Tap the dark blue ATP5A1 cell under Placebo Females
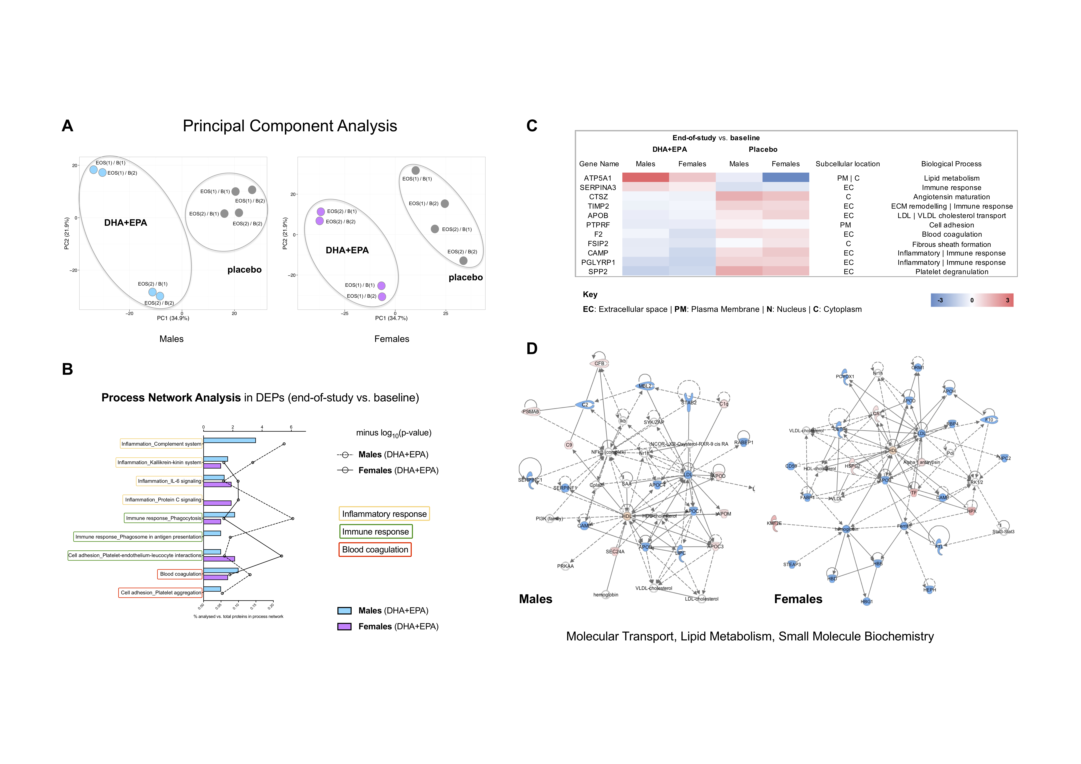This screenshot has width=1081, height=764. tap(785, 178)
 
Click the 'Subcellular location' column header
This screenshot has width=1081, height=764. tap(847, 164)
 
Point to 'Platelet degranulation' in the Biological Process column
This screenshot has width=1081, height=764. tap(952, 272)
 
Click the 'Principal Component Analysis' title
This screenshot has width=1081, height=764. tap(290, 126)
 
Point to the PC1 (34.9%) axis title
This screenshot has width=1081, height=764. tap(173, 318)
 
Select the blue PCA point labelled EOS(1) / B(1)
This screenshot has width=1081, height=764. tap(94, 170)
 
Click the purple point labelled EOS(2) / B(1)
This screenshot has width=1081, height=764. tap(321, 211)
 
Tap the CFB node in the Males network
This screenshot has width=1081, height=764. tap(599, 363)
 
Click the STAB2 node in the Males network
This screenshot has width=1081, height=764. tap(689, 402)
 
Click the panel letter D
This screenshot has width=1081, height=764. tap(532, 349)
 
